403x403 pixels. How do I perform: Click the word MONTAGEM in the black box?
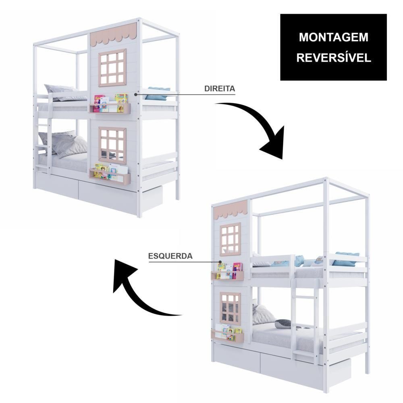point(334,37)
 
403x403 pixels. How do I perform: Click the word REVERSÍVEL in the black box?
point(334,57)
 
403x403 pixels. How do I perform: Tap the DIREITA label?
point(220,88)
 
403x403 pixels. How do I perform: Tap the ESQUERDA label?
point(170,256)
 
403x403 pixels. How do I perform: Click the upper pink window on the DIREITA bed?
point(112,68)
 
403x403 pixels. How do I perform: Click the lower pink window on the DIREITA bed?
point(112,145)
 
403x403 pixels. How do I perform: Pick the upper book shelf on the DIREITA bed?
point(110,108)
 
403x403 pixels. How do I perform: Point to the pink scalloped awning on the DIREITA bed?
point(113,35)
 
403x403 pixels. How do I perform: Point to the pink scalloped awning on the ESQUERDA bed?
point(231,209)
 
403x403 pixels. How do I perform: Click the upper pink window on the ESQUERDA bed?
point(230,239)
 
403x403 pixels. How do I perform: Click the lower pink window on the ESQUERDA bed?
point(230,307)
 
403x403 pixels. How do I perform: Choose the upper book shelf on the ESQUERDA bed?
point(227,275)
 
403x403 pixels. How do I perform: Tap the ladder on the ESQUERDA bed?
point(305,321)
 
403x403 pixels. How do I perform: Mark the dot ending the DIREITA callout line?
point(135,95)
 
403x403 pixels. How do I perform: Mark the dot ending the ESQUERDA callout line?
point(220,262)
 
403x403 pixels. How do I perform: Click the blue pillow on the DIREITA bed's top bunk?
point(157,93)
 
